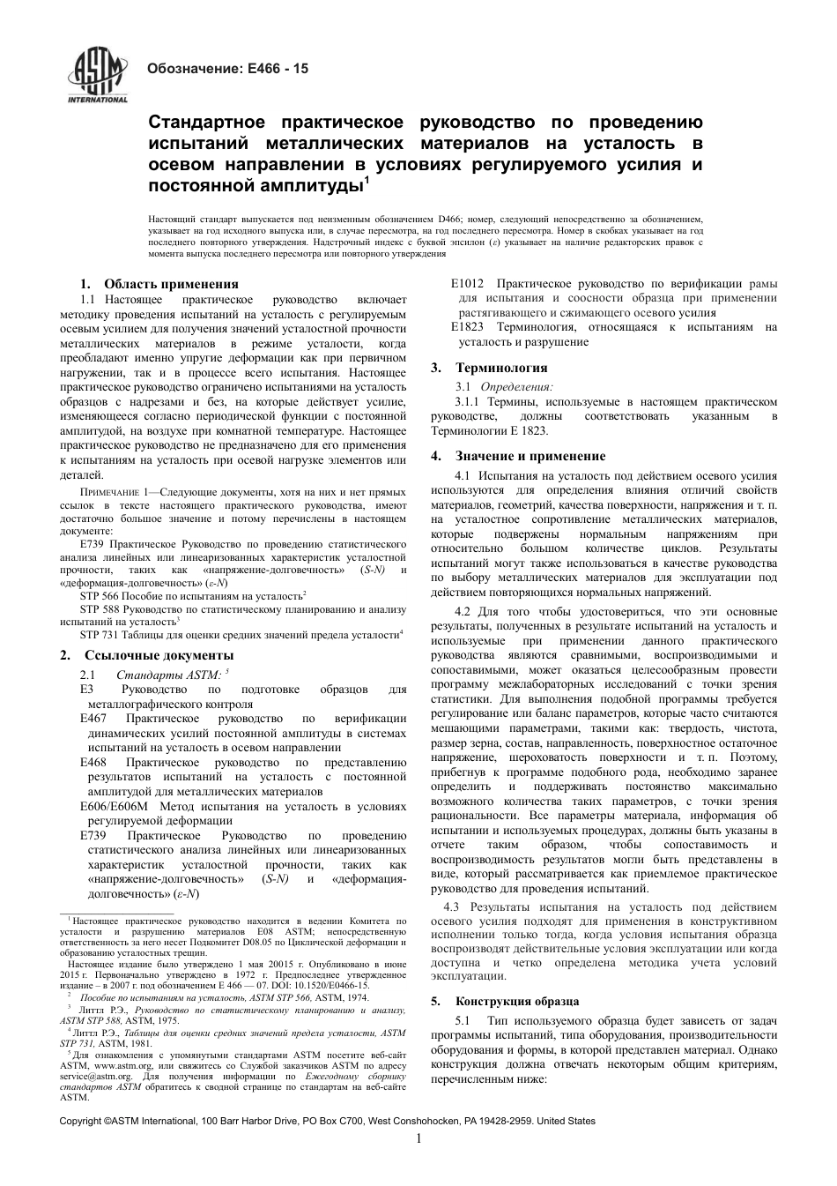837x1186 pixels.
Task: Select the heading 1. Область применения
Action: (x=159, y=284)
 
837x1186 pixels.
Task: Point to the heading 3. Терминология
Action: (x=489, y=368)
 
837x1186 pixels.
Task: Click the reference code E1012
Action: (x=467, y=284)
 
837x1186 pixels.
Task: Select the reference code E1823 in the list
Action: (x=467, y=327)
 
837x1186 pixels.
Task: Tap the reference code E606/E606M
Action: (x=114, y=806)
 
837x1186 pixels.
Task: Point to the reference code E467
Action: (x=93, y=719)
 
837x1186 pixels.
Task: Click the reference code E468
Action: (x=93, y=762)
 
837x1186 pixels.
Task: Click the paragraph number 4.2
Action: (x=463, y=611)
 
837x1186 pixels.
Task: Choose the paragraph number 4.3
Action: (x=452, y=906)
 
